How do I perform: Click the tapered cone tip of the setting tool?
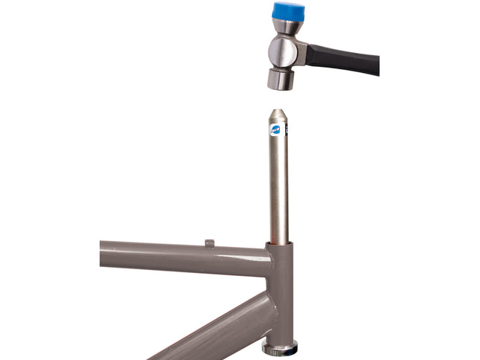[278, 117]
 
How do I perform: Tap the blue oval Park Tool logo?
[275, 131]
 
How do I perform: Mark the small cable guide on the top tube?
[209, 242]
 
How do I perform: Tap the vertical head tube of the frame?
[282, 298]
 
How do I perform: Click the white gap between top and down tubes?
[186, 298]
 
